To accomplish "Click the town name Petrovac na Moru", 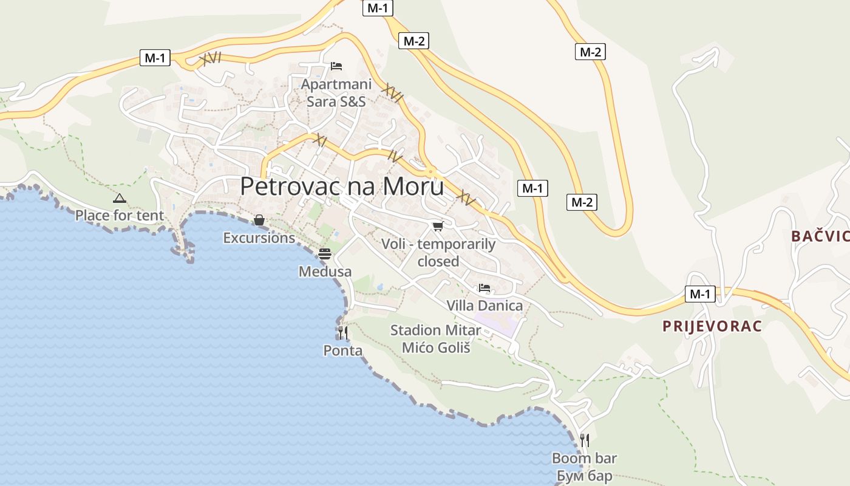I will pyautogui.click(x=342, y=187).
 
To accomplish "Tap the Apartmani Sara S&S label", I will pyautogui.click(x=336, y=93).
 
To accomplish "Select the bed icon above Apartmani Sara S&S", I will pyautogui.click(x=336, y=66).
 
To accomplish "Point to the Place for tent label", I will pyautogui.click(x=120, y=216).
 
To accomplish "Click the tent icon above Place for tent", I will pyautogui.click(x=120, y=198).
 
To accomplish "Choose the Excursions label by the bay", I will pyautogui.click(x=259, y=238).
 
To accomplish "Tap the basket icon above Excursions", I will pyautogui.click(x=259, y=220).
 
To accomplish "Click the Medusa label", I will pyautogui.click(x=325, y=272).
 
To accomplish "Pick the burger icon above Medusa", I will pyautogui.click(x=325, y=254).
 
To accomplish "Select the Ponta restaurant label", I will pyautogui.click(x=343, y=351).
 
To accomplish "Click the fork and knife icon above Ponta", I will pyautogui.click(x=343, y=333).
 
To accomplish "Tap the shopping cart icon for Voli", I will pyautogui.click(x=438, y=227).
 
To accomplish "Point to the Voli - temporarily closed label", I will pyautogui.click(x=438, y=253).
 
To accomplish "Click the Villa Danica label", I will pyautogui.click(x=484, y=305).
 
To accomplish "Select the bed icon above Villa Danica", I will pyautogui.click(x=484, y=287).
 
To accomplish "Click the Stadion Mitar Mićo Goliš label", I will pyautogui.click(x=435, y=339).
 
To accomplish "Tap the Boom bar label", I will pyautogui.click(x=584, y=458).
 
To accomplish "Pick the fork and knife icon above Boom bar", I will pyautogui.click(x=584, y=440).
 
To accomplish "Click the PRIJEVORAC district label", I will pyautogui.click(x=712, y=326).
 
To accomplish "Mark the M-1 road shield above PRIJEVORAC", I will pyautogui.click(x=700, y=295).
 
